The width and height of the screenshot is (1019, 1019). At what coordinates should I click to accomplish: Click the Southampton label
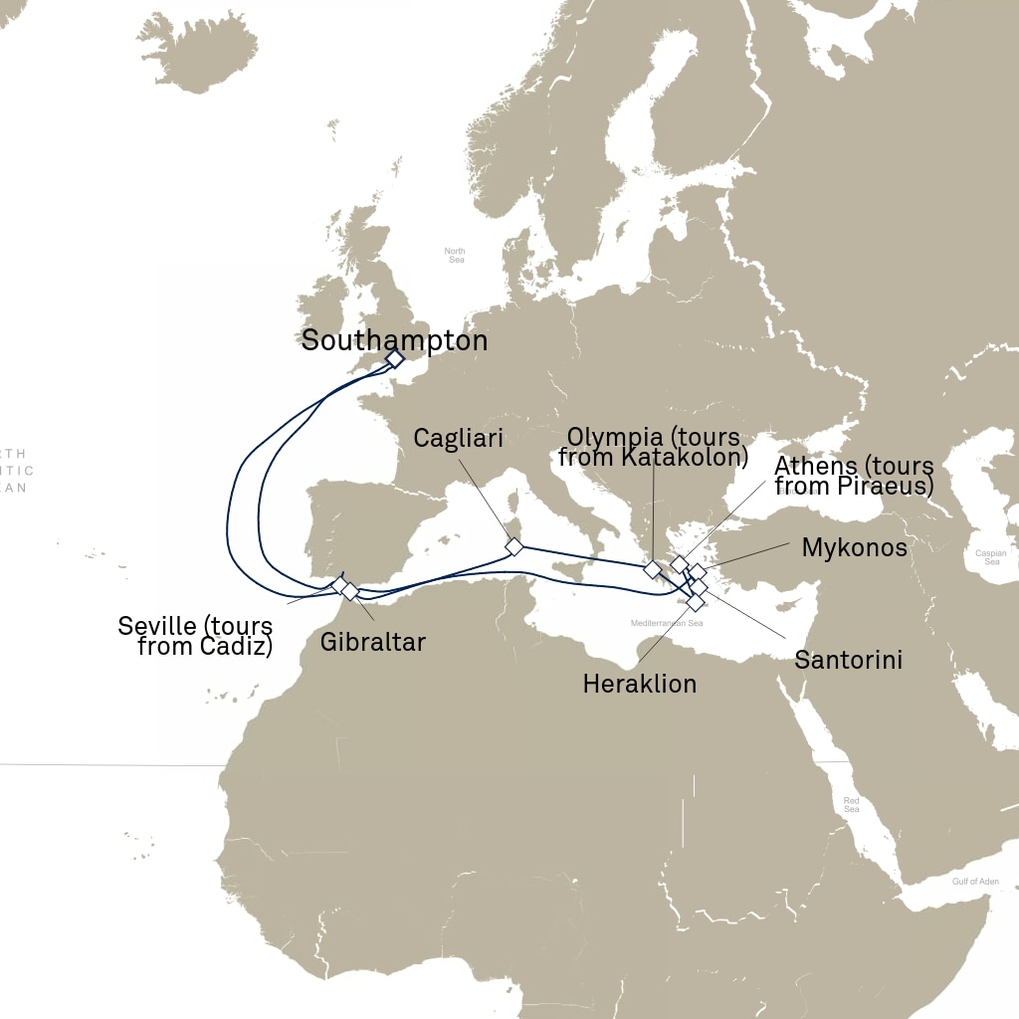point(394,340)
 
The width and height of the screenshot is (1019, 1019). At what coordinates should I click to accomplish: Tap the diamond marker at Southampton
point(394,358)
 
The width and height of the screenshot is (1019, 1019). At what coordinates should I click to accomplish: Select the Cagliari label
point(458,439)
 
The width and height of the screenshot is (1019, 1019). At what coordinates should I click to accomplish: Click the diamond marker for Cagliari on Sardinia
point(513,546)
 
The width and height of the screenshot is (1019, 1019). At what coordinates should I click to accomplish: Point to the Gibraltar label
point(373,642)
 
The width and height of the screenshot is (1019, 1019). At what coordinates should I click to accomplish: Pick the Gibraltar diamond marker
point(349,591)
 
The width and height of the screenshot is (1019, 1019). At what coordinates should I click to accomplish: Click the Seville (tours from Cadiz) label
point(195,637)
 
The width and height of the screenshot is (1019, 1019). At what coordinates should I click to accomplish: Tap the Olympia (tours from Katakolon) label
point(653,446)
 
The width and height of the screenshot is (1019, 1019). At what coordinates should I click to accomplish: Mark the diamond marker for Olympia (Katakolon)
point(652,569)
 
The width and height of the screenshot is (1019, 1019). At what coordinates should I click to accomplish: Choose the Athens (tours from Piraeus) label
point(854,476)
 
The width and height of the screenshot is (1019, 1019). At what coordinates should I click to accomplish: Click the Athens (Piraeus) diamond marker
point(680,564)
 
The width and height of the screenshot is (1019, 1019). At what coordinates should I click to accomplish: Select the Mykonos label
point(854,547)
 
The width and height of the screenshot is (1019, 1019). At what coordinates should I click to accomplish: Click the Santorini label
point(848,659)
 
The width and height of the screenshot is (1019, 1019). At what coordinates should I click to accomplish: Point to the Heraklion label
point(639,684)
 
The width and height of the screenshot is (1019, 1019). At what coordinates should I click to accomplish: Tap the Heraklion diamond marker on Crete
point(696,602)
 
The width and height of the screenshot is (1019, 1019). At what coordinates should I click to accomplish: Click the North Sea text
point(455,255)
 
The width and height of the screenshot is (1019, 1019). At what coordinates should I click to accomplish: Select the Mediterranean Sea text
point(667,623)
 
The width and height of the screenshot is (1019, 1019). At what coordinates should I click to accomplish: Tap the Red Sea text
point(851,804)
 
